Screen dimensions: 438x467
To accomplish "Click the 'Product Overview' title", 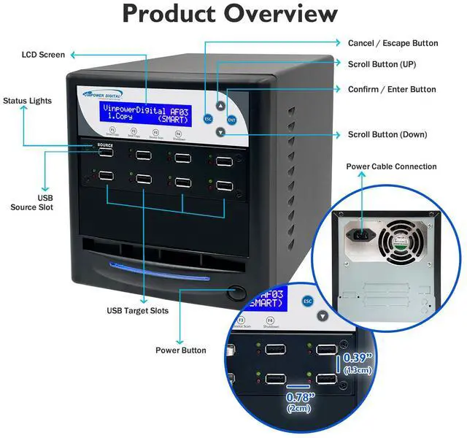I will click(x=230, y=13).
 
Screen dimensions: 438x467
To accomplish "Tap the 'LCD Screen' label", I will click(x=43, y=55).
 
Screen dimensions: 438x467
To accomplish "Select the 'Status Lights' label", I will click(x=27, y=101).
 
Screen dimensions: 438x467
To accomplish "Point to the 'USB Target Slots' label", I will click(x=138, y=311).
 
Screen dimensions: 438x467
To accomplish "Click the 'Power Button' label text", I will click(x=180, y=350).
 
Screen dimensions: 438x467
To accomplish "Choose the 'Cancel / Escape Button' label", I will click(x=393, y=43).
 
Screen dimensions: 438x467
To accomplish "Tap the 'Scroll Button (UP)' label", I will click(x=382, y=64).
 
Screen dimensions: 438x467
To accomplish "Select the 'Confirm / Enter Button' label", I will click(x=392, y=89).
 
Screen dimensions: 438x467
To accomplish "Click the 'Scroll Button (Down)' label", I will click(x=387, y=134).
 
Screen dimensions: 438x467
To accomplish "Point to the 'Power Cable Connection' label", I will click(x=391, y=166).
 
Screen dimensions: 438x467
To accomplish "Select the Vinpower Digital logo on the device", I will click(x=101, y=93).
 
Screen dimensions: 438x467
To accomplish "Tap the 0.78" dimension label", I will click(x=300, y=401).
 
